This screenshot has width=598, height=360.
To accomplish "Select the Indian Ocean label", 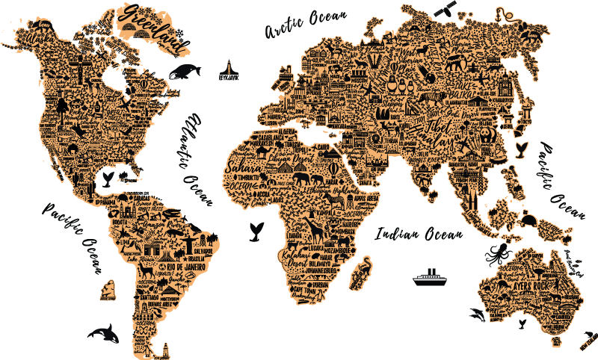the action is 419,234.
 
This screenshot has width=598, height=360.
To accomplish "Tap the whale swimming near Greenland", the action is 184,71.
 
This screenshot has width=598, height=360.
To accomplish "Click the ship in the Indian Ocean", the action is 430,277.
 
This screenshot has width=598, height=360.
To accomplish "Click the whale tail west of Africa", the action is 255,231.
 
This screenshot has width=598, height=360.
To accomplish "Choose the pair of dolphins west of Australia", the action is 476,314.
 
